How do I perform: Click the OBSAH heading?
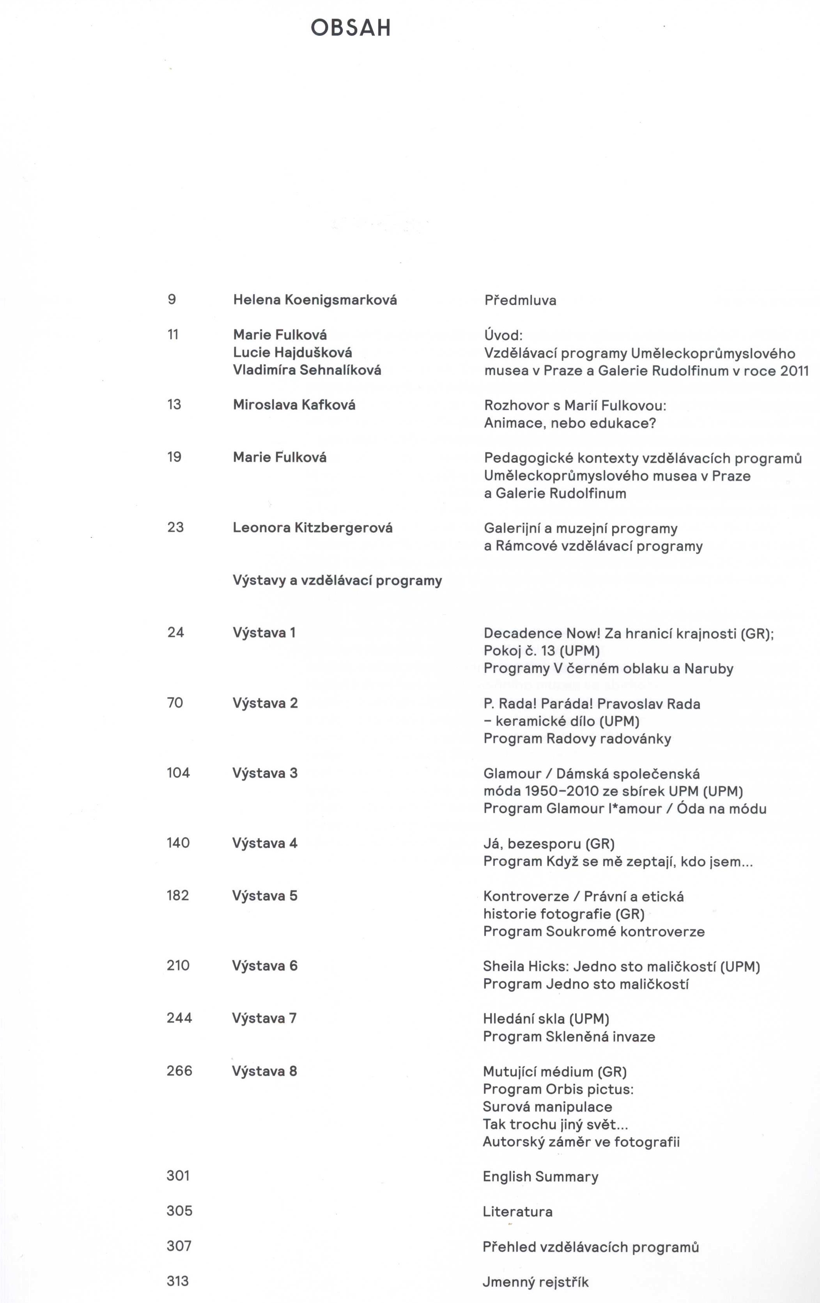(351, 28)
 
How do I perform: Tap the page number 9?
(172, 299)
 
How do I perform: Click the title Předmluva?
(520, 300)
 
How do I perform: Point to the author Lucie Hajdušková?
(292, 352)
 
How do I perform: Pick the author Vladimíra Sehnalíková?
(307, 370)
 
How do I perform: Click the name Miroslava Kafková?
(294, 405)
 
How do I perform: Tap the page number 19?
(174, 457)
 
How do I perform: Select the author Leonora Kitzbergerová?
(312, 528)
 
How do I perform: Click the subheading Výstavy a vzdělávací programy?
(337, 581)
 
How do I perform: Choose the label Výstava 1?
(264, 632)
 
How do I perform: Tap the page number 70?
(175, 703)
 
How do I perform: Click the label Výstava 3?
(265, 773)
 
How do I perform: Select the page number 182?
(178, 896)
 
